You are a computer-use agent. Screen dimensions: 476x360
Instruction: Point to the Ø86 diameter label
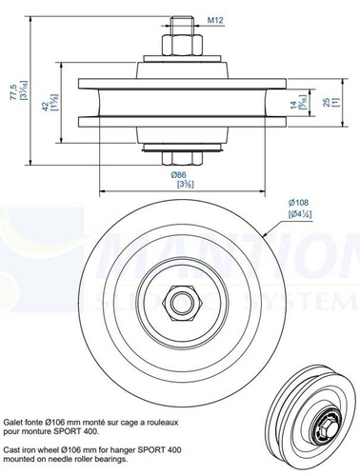click(179, 176)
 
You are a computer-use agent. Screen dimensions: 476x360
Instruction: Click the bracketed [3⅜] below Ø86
click(179, 187)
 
